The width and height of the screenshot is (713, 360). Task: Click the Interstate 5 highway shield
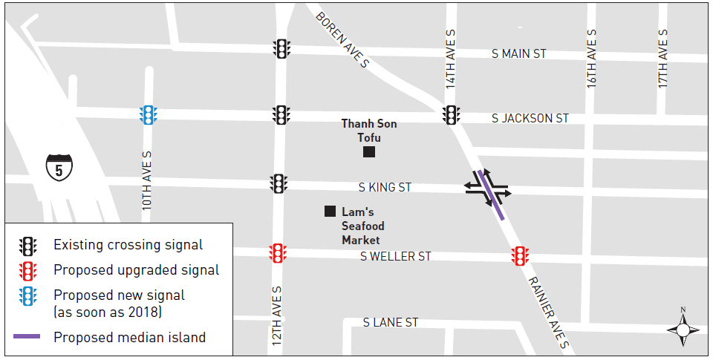(x=59, y=167)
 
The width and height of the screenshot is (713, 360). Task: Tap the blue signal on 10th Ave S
(x=149, y=115)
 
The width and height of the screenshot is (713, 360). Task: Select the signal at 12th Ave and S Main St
(x=281, y=49)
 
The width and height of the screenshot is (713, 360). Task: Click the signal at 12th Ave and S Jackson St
(x=281, y=115)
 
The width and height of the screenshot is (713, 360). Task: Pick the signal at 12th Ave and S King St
(x=279, y=183)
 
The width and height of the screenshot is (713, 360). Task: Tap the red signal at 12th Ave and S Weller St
(x=278, y=253)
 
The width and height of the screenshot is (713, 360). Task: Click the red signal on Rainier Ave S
(x=520, y=256)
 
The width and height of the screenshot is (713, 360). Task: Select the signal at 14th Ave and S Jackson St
(x=450, y=115)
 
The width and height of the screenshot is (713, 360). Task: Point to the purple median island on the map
(x=493, y=194)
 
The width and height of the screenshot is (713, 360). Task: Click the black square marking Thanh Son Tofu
(x=368, y=152)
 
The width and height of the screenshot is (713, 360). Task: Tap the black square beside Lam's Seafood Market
(x=330, y=212)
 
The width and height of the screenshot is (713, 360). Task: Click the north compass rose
(x=683, y=327)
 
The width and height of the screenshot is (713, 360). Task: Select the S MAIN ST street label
(x=519, y=54)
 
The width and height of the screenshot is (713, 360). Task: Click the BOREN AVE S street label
(x=342, y=40)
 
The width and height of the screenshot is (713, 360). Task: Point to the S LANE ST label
(x=391, y=323)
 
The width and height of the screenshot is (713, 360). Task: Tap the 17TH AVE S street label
(x=663, y=59)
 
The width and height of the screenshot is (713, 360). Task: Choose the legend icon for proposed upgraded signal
(x=28, y=270)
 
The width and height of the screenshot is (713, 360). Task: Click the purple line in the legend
(x=27, y=337)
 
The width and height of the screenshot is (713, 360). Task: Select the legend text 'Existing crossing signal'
(x=128, y=245)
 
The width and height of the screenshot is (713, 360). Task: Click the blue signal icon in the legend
(x=28, y=296)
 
